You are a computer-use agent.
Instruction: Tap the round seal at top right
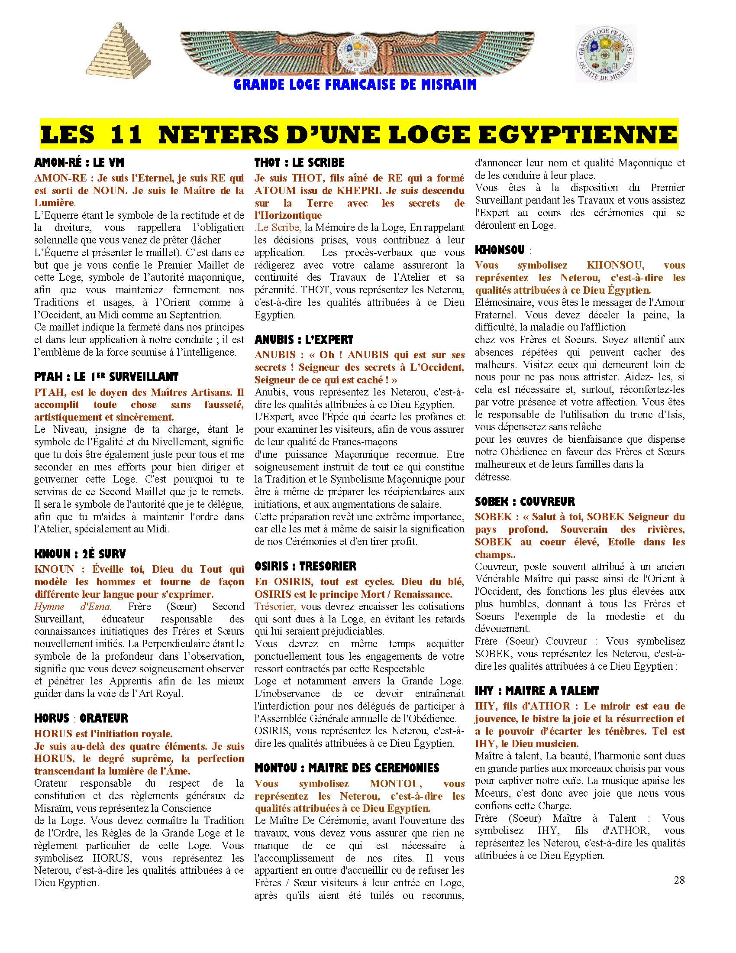click(x=606, y=54)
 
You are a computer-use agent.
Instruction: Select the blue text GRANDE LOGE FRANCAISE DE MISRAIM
click(x=355, y=84)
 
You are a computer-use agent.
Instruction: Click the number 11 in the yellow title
click(x=127, y=134)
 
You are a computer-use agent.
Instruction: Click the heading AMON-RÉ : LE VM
click(x=79, y=163)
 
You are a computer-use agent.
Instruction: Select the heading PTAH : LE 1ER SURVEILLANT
click(x=107, y=377)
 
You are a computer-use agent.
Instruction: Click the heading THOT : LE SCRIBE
click(x=300, y=163)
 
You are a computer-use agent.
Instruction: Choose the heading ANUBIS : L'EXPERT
click(x=304, y=340)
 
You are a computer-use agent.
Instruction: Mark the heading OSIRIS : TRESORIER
click(x=305, y=567)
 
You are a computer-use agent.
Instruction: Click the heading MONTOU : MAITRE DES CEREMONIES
click(x=347, y=768)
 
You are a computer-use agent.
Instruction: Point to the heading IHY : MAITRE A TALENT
click(x=537, y=691)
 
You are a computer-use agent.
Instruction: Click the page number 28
click(x=679, y=880)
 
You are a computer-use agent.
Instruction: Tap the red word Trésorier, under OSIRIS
click(x=275, y=606)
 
